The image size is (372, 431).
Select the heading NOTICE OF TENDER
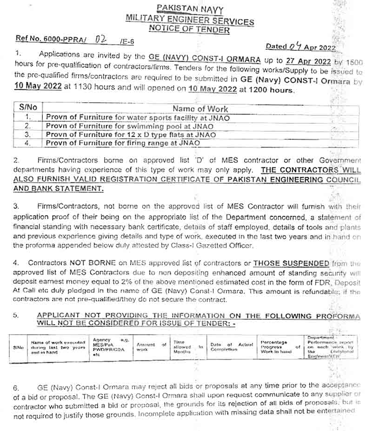pyautogui.click(x=189, y=30)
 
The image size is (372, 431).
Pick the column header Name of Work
pyautogui.click(x=200, y=109)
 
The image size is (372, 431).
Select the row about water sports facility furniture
pyautogui.click(x=138, y=118)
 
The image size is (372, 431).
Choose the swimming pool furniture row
pyautogui.click(x=130, y=126)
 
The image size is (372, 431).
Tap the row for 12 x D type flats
pyautogui.click(x=131, y=135)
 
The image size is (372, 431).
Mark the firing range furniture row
pyautogui.click(x=123, y=143)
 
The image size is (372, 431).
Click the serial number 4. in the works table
pyautogui.click(x=28, y=143)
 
